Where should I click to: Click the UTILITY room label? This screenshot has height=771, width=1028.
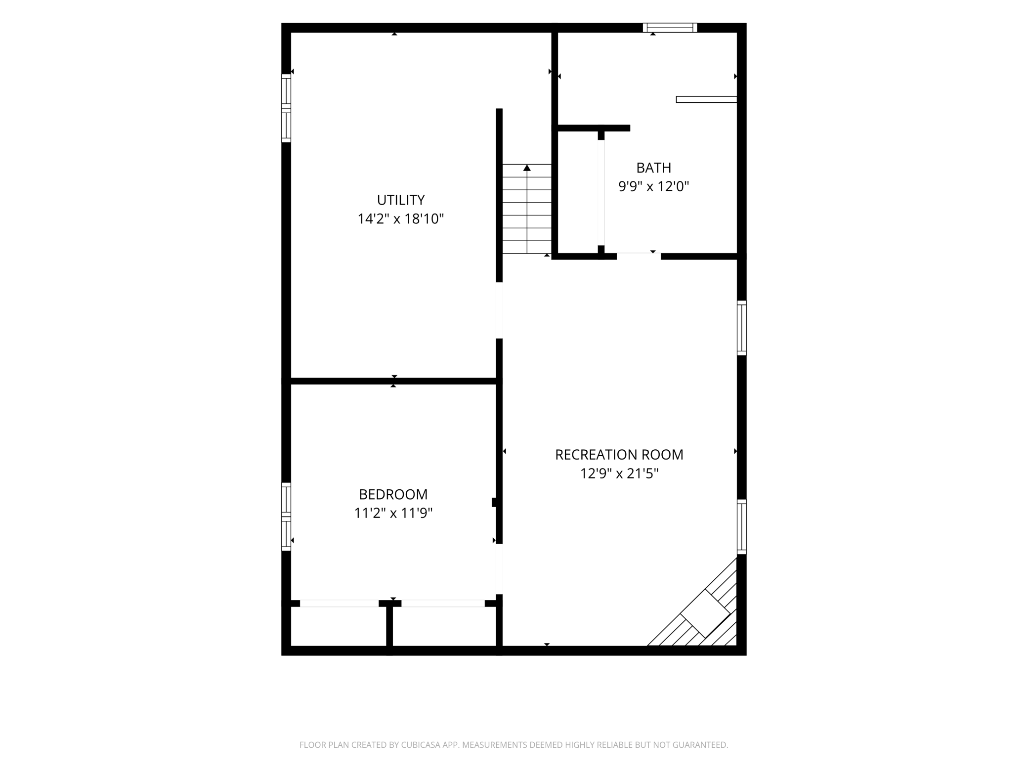[401, 200]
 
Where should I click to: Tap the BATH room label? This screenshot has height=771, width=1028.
[653, 168]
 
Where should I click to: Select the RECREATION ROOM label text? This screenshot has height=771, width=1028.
[619, 455]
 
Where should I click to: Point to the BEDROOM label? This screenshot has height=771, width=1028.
[393, 494]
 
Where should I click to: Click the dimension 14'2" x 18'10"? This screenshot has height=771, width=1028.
[401, 219]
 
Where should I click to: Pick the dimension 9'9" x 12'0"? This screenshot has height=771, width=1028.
[653, 187]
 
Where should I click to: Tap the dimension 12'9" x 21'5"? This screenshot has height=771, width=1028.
[619, 473]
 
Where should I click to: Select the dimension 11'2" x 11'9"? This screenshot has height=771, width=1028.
[393, 513]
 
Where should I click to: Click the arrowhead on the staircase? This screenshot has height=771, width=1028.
[527, 168]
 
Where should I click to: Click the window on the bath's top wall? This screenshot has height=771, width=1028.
[670, 28]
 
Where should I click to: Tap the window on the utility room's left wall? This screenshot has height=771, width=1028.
[286, 108]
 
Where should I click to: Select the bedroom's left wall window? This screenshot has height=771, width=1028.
[286, 516]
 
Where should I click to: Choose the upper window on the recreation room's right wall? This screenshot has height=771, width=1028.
[741, 328]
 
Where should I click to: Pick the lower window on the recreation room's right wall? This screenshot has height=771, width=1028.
[741, 527]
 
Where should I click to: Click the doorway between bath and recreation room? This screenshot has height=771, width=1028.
[639, 256]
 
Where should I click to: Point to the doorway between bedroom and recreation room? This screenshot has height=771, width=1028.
[499, 569]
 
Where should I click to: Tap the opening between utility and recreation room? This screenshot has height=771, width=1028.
[499, 310]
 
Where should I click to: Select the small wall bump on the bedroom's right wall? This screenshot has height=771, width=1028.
[494, 502]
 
